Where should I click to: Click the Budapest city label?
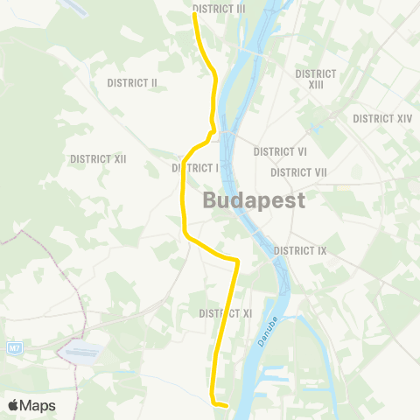(x=254, y=200)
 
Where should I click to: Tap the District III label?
(x=219, y=8)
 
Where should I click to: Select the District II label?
(x=131, y=83)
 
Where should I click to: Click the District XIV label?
(x=382, y=118)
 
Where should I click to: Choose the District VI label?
(x=280, y=151)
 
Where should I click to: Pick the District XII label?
(x=98, y=158)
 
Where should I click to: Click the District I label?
(x=194, y=167)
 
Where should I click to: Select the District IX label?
(x=299, y=250)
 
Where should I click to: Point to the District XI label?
(x=225, y=312)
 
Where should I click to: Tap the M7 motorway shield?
(x=14, y=348)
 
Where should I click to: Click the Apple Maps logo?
(x=31, y=405)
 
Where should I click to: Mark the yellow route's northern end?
(x=194, y=13)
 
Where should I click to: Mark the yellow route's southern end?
(x=227, y=405)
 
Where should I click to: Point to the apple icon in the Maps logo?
(x=13, y=405)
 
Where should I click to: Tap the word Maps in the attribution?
(x=38, y=405)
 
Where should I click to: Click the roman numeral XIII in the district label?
(x=316, y=84)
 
